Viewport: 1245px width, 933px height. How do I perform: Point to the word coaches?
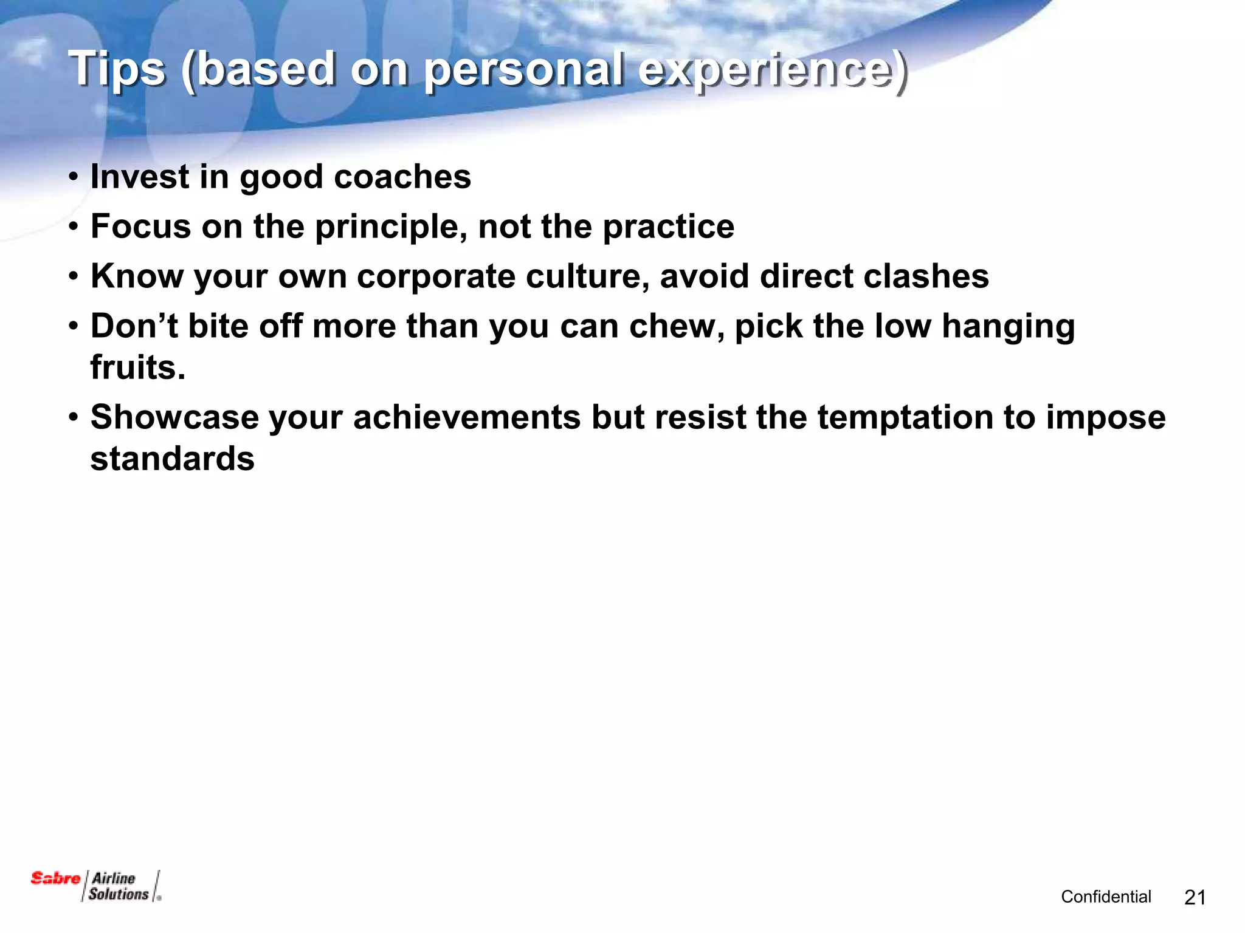pyautogui.click(x=402, y=177)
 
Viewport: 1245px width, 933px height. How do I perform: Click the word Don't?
pyautogui.click(x=134, y=326)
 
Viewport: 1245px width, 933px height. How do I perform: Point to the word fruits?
pyautogui.click(x=137, y=367)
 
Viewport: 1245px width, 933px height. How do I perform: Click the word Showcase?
pyautogui.click(x=174, y=417)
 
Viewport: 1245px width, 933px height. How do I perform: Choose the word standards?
pyautogui.click(x=172, y=459)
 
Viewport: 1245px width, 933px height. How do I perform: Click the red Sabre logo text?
pyautogui.click(x=55, y=878)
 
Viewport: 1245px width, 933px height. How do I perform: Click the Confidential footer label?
pyautogui.click(x=1106, y=897)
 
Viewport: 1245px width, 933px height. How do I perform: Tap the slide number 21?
pyautogui.click(x=1195, y=897)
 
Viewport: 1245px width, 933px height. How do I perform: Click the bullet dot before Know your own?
pyautogui.click(x=74, y=277)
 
